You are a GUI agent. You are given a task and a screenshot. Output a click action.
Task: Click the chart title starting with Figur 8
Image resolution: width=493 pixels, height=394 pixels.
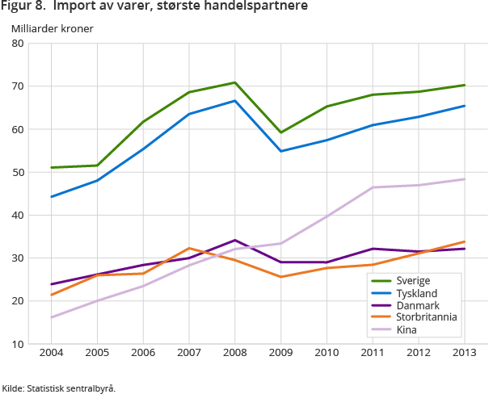coord(154,7)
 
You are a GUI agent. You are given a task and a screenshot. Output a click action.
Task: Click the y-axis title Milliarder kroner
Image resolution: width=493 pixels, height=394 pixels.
coord(52,28)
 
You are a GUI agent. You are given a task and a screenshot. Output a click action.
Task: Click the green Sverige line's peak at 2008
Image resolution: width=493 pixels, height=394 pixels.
coord(234,82)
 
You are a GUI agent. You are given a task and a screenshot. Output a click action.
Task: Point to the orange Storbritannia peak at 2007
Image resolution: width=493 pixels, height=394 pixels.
coord(188,248)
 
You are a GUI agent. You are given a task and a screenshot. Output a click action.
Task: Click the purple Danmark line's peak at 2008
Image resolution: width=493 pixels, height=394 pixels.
coord(234,240)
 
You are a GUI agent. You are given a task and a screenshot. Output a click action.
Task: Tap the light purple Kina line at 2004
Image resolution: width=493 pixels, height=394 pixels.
coord(51,317)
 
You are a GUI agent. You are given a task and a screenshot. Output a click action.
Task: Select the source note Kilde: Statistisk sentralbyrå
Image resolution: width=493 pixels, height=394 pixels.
coord(59,388)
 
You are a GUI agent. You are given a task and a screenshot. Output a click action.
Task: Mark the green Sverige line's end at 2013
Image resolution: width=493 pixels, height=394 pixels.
coord(463,85)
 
